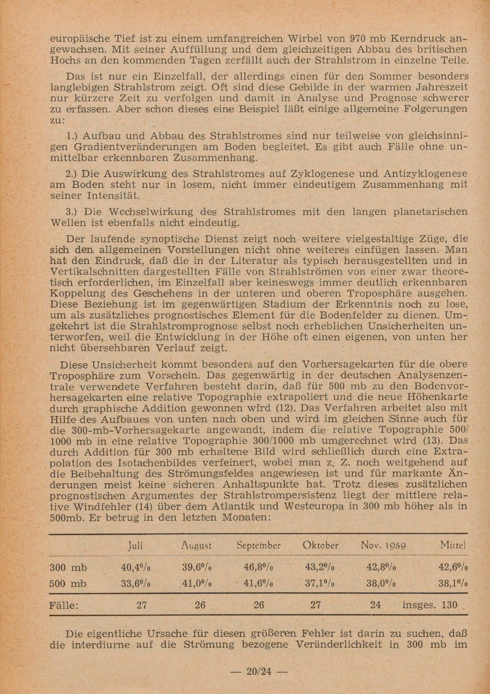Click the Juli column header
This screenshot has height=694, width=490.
(135, 545)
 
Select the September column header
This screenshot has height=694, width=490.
(258, 545)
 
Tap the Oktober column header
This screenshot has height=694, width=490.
(320, 545)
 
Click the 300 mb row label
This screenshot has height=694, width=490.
(69, 568)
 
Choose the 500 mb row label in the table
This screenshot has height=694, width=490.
(69, 584)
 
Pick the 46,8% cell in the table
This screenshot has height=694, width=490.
(258, 568)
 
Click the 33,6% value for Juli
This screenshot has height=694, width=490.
(135, 584)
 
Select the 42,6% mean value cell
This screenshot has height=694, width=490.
(453, 568)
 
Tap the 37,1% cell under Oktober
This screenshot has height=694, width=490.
(319, 584)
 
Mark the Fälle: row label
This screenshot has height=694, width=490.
(64, 605)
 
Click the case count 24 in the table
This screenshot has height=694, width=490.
(375, 605)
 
